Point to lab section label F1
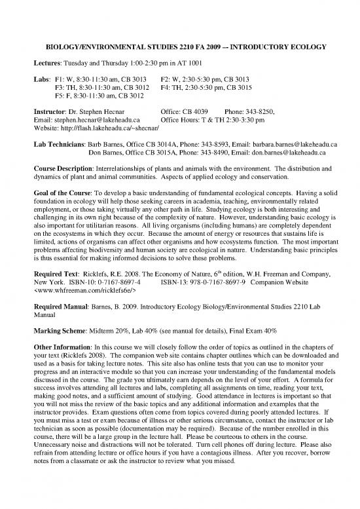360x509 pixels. [59, 79]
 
